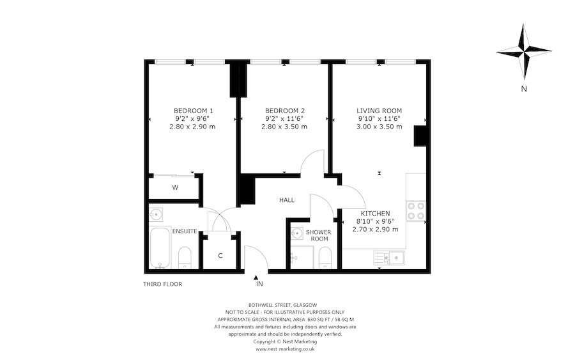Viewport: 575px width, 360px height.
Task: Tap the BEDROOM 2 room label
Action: pos(284,110)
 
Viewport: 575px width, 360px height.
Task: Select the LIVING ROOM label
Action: pos(379,110)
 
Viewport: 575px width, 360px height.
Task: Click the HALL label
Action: pos(287,200)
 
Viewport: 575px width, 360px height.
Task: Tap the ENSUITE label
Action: pos(185,231)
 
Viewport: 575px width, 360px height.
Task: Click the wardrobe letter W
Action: pos(175,188)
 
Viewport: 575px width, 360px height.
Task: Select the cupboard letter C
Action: pos(220,256)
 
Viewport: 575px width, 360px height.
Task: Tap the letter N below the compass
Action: pos(523,89)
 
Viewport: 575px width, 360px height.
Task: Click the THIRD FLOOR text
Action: pos(163,283)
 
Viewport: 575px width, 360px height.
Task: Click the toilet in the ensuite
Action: pos(184,256)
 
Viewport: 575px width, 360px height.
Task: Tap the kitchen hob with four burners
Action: pos(415,211)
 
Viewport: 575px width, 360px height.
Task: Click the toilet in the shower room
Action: pos(324,257)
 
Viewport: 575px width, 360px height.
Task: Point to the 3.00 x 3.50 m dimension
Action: pos(379,127)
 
